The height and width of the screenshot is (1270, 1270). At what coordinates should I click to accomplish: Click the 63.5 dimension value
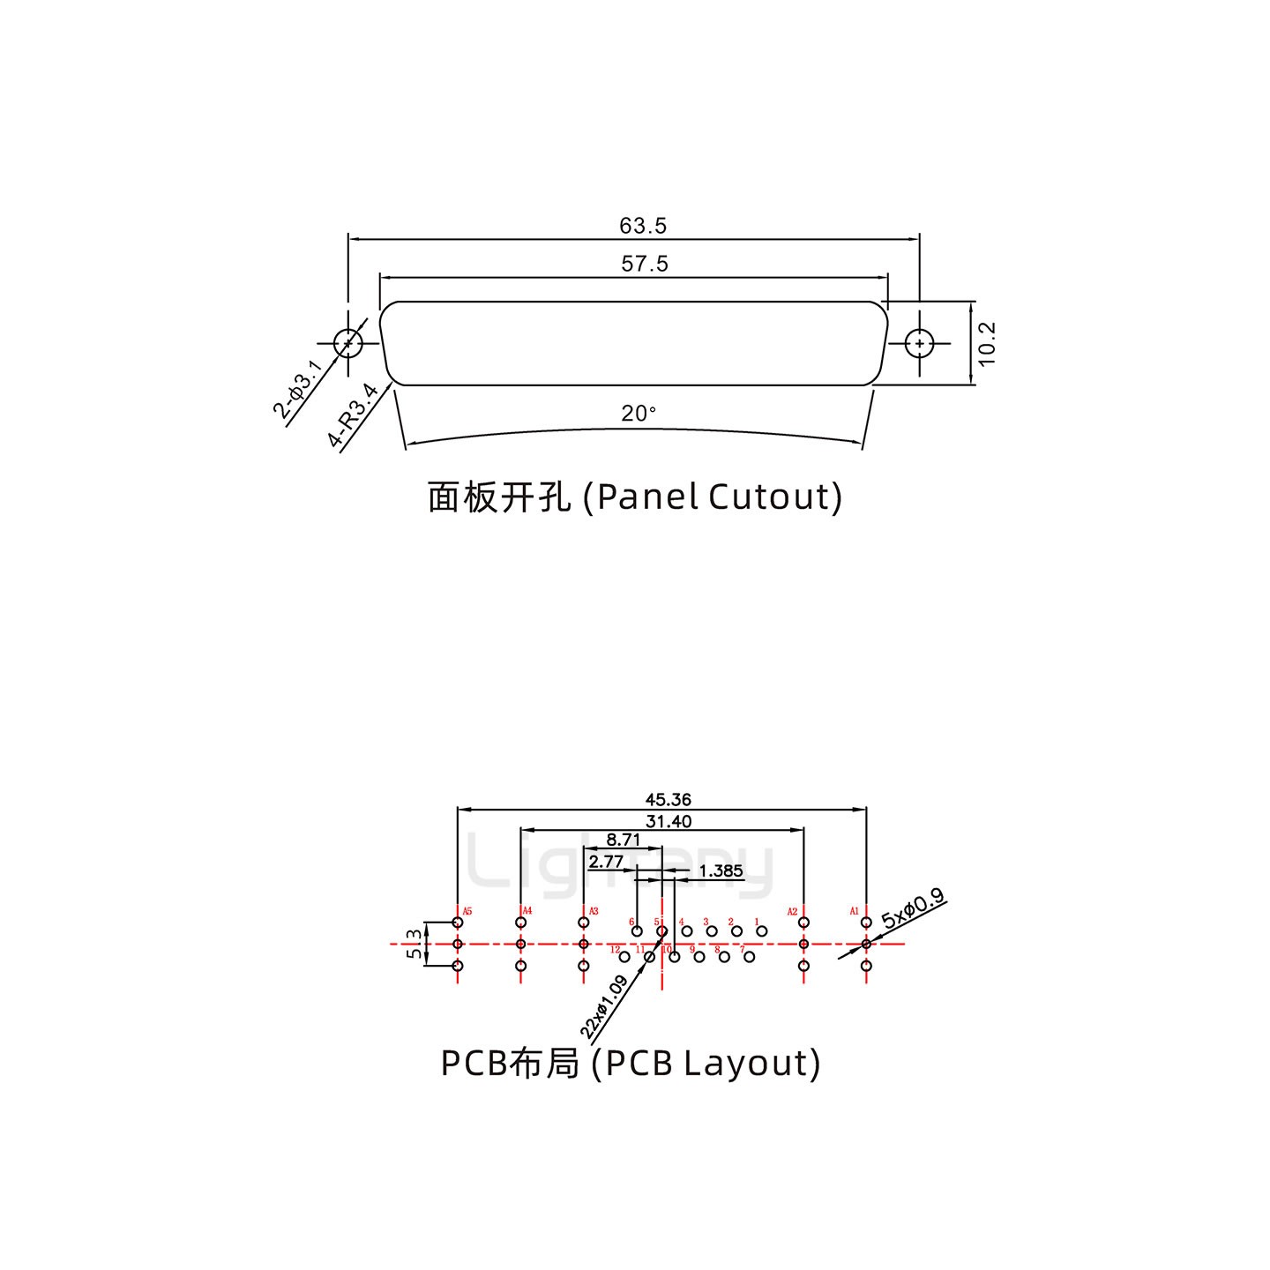click(x=643, y=226)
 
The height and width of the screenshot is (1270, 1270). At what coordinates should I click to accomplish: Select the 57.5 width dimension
click(x=645, y=264)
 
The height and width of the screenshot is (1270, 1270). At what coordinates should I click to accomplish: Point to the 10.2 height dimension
click(x=987, y=342)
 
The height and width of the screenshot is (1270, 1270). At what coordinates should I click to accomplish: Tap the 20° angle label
click(x=639, y=413)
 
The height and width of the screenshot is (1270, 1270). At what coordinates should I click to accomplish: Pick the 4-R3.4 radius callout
click(x=353, y=415)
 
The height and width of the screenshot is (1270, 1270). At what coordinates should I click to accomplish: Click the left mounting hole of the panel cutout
click(x=348, y=342)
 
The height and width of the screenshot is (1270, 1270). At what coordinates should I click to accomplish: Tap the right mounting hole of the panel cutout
click(x=920, y=342)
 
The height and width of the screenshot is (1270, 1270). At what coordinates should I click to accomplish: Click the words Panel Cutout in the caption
click(x=718, y=497)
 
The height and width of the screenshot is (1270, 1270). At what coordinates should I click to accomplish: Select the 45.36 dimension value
click(x=669, y=800)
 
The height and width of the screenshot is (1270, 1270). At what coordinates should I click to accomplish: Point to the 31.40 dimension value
click(x=669, y=821)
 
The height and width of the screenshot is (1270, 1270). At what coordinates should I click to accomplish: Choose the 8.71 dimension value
click(x=624, y=840)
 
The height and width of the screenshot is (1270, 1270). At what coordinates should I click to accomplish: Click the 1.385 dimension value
click(x=721, y=871)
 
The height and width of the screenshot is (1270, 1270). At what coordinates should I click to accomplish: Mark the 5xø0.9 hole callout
click(x=913, y=908)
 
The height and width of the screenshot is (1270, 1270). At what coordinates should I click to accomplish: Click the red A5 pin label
click(x=467, y=911)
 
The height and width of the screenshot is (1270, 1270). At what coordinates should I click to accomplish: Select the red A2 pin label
click(x=792, y=911)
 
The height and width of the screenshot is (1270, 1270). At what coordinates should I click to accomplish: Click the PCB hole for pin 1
click(x=762, y=931)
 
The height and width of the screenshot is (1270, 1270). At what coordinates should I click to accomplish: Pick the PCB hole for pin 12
click(x=624, y=957)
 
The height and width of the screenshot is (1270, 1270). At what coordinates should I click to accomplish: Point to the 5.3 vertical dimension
click(x=415, y=944)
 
